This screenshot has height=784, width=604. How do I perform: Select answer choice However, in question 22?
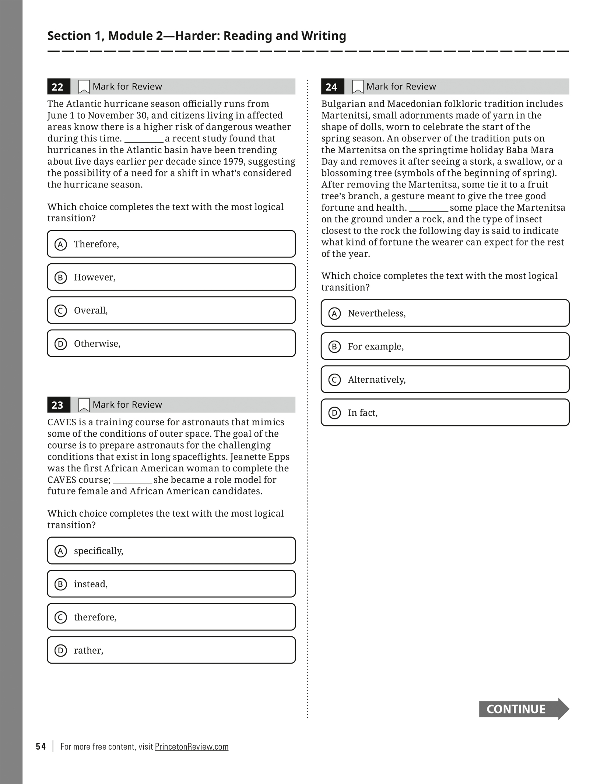171,277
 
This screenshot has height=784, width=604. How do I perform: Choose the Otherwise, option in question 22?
171,344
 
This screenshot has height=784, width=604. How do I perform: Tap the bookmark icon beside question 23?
84,405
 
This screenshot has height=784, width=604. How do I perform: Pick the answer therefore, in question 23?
171,617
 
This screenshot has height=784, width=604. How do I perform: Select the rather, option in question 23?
171,650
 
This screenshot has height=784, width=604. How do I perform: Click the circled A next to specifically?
61,551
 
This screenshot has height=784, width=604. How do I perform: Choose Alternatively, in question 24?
445,380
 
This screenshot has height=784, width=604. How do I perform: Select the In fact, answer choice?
445,413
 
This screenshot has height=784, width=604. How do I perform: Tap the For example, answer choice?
445,347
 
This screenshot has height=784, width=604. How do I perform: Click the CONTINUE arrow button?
523,709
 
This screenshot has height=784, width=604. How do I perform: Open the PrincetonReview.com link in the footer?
192,747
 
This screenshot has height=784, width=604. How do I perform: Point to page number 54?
41,747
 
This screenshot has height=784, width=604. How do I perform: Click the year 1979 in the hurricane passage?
233,162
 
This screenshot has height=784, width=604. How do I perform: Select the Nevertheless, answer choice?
445,313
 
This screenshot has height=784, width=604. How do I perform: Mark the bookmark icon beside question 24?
358,87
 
